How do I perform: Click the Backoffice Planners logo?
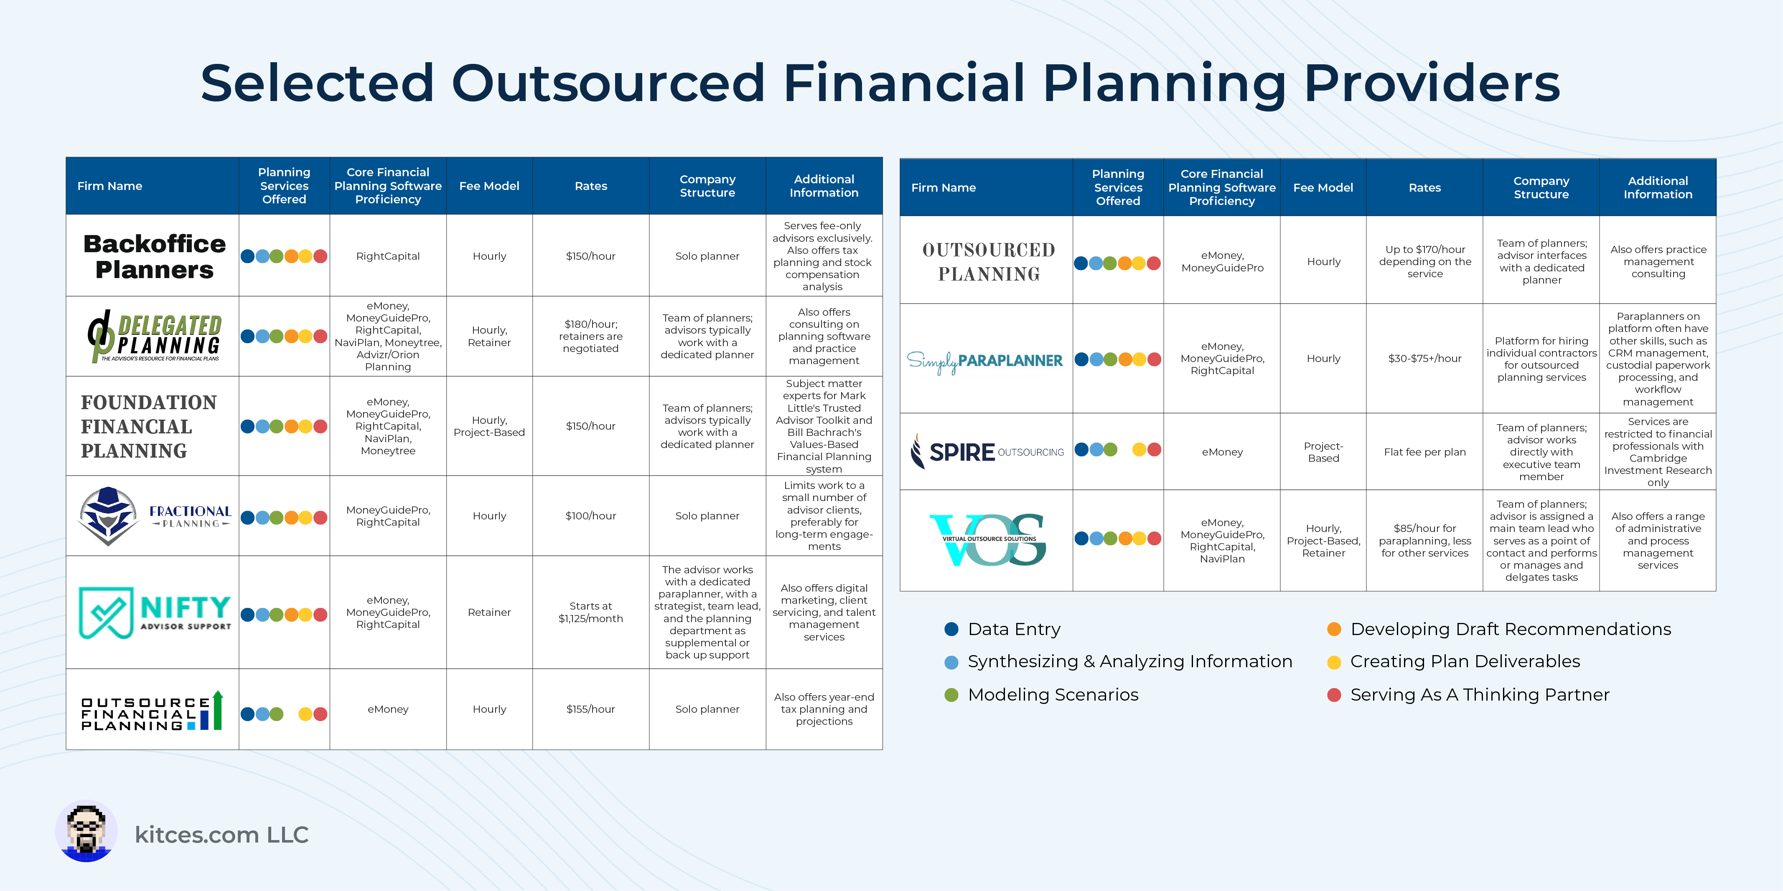coord(154,256)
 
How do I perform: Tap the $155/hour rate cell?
coord(590,709)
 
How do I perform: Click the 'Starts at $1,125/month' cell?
coord(590,612)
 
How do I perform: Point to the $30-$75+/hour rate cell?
coord(1424,358)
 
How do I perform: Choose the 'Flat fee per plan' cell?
coord(1424,452)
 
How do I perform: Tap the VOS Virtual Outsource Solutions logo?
coord(988,539)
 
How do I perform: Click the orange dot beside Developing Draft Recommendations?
coord(1334,629)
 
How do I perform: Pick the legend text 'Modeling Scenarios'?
coord(1053,694)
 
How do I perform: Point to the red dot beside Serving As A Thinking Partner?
coord(1334,694)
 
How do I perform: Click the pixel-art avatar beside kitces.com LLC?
coord(86,832)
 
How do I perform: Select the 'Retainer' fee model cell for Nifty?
coord(489,612)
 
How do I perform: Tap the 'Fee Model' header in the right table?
coord(1323,187)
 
